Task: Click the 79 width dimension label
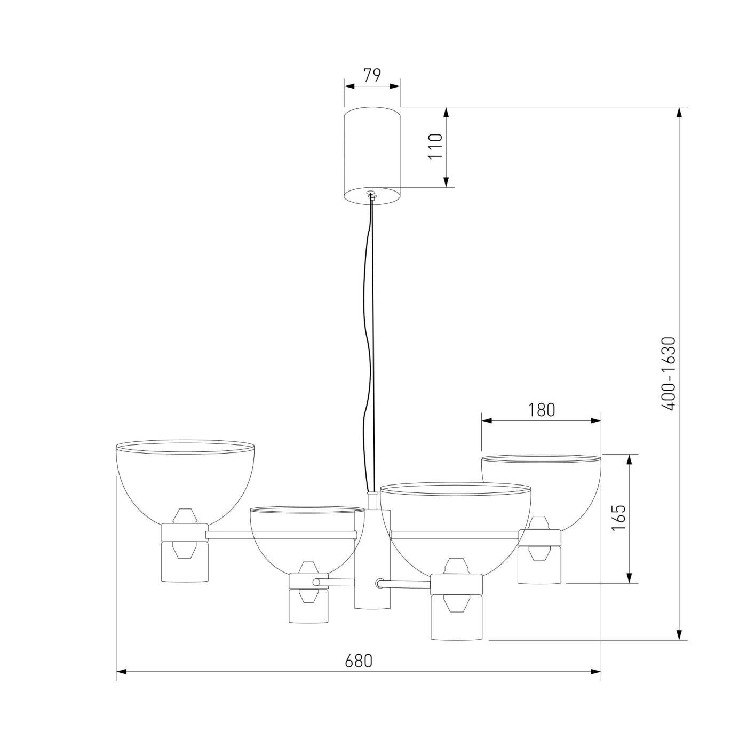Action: (x=372, y=75)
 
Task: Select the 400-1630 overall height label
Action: (x=669, y=373)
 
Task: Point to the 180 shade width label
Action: (x=541, y=410)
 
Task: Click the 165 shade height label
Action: (x=618, y=518)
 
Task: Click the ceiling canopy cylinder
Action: (x=372, y=156)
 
